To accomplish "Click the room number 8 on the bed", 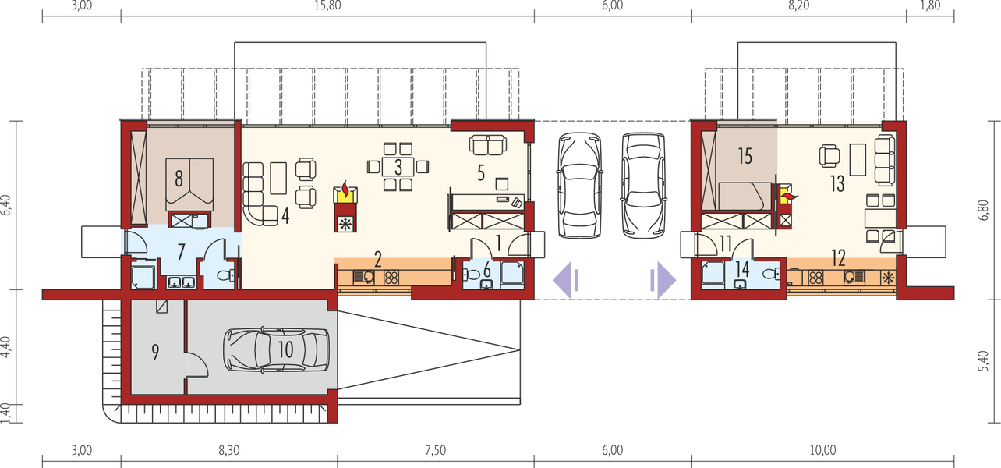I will pos(179,179).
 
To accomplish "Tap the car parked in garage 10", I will pos(276,349).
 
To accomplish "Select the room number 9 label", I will pos(155,353).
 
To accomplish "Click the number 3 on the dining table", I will pos(398,166).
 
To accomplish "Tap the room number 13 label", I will pos(837,184).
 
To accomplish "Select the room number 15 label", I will pos(745,156).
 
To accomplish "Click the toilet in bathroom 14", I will pos(770,273).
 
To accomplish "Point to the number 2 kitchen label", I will pos(377,258).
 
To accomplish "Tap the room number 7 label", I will pos(181,252).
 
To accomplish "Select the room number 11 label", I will pos(726,243).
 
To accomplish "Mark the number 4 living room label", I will pos(286,217).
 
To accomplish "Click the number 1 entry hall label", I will pos(497,243).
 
